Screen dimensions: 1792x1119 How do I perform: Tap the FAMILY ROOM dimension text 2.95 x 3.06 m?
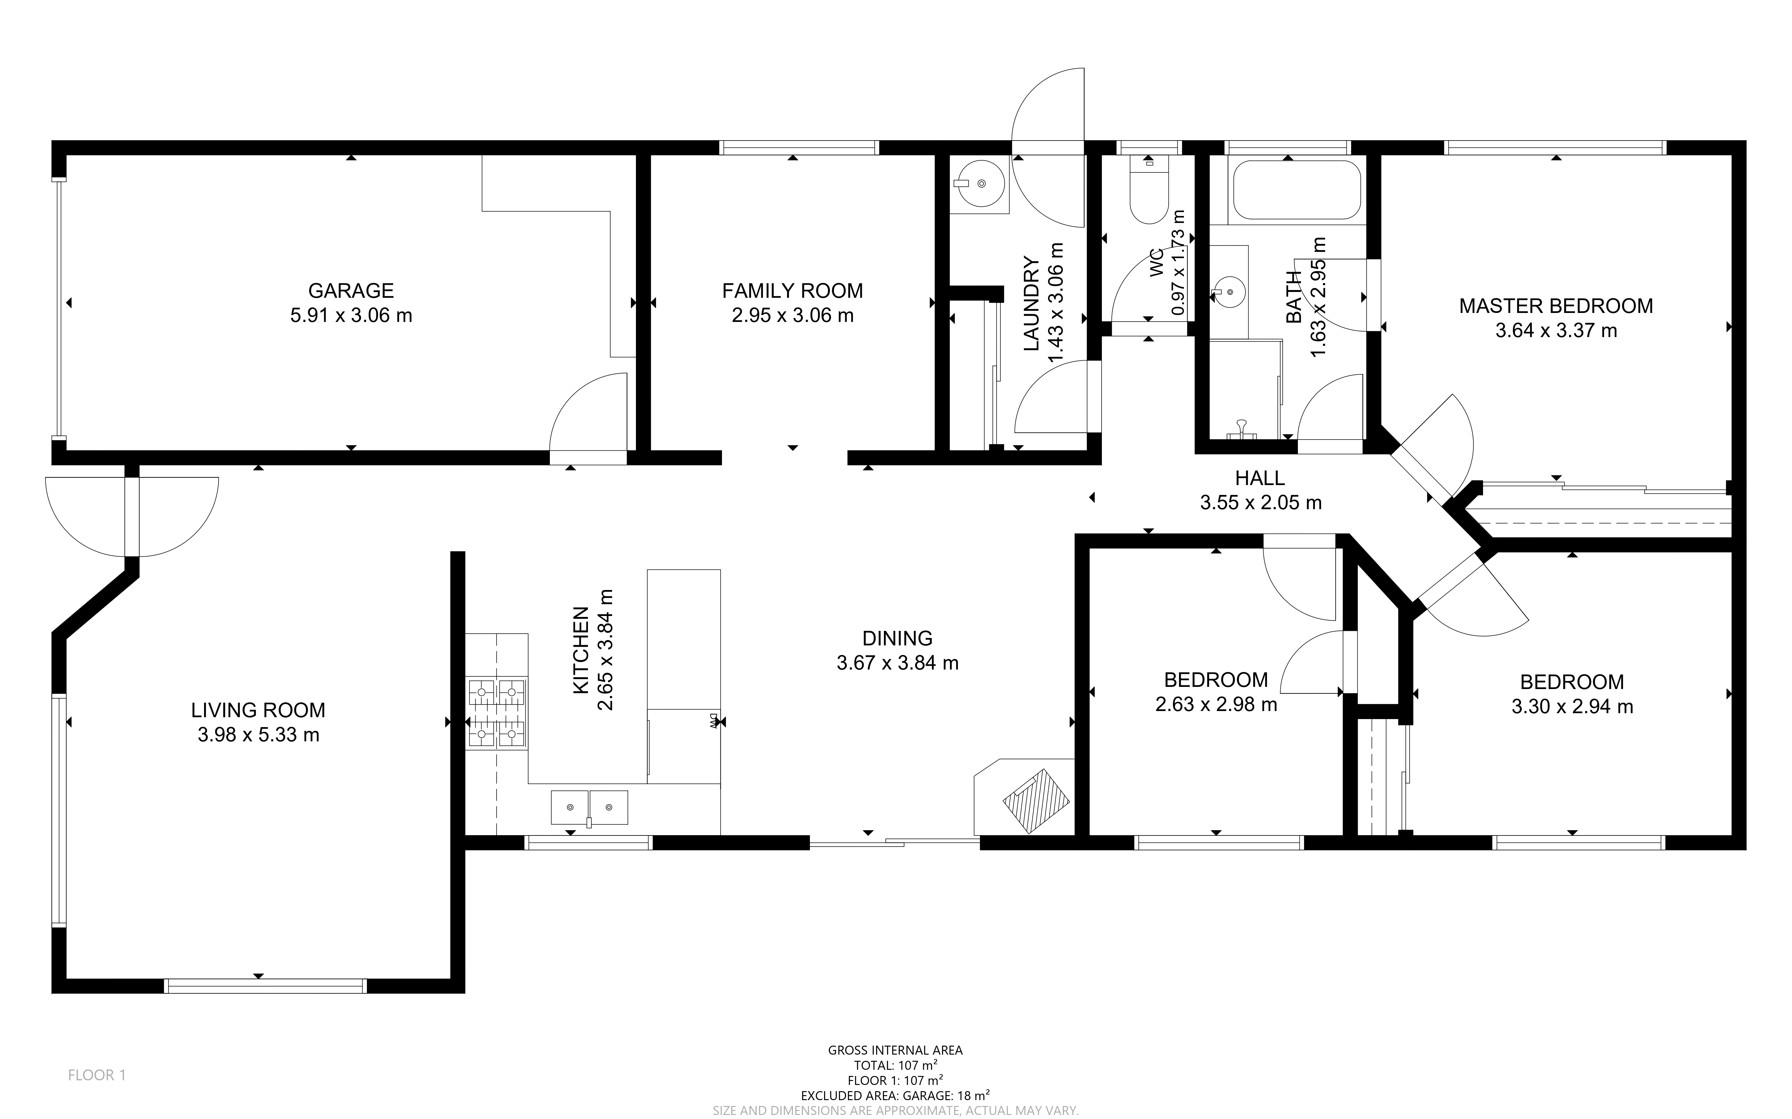[793, 315]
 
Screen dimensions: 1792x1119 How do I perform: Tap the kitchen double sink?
[589, 807]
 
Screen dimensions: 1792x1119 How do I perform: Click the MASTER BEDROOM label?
[1556, 306]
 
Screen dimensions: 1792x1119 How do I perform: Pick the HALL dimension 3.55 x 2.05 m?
[1260, 502]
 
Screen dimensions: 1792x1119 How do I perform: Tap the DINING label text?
[897, 638]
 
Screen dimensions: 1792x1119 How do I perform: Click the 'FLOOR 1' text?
[97, 1075]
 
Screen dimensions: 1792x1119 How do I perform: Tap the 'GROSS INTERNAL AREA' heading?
[895, 1050]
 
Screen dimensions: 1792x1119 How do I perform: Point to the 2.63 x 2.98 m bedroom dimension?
[1216, 705]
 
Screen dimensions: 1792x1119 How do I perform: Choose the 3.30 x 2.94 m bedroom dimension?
[1572, 707]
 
